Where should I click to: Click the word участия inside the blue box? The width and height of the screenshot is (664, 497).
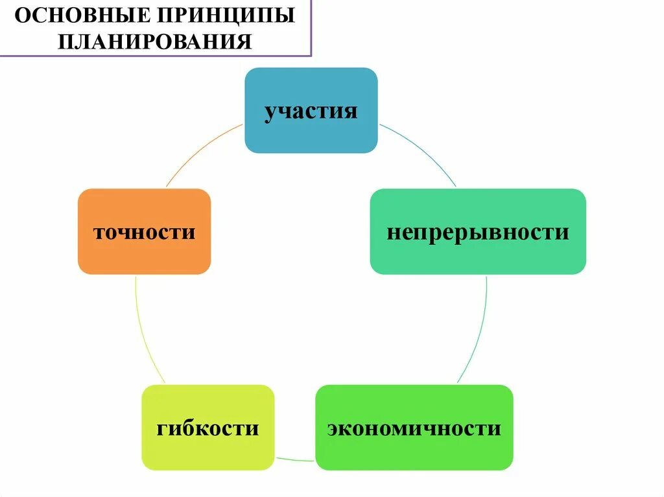(311, 111)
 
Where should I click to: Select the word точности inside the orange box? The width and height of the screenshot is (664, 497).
(144, 232)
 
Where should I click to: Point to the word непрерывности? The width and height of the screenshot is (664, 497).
(478, 232)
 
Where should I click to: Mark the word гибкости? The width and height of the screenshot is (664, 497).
(207, 428)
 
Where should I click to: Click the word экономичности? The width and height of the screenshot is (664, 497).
(414, 428)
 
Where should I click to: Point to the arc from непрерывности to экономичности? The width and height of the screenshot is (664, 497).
(479, 330)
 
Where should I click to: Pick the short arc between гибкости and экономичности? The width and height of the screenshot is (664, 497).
(295, 460)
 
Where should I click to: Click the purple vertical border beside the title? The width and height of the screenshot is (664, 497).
(311, 29)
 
